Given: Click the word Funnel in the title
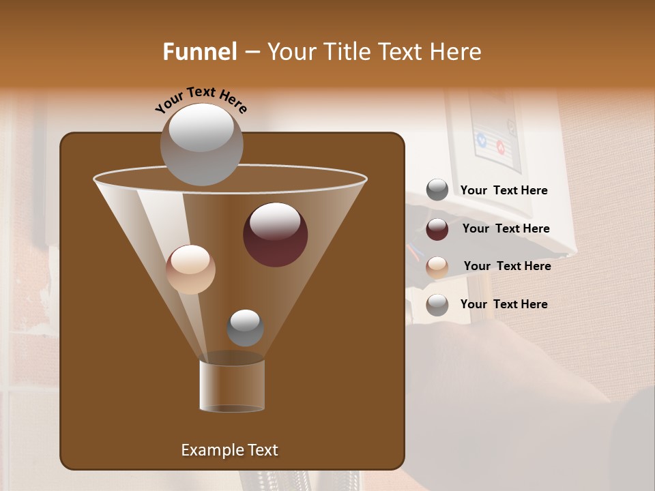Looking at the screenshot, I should coord(199,52).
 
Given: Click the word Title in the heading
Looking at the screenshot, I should coord(342,52).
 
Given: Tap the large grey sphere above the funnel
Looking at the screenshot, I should coord(201,144).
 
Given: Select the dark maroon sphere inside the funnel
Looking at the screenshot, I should coord(275,235).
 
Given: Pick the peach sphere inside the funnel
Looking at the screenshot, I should coord(190,269).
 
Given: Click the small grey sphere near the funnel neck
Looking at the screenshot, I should coord(245,328).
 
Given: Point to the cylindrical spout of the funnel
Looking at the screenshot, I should coord(232,385).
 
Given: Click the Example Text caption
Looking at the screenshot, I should coord(229,450).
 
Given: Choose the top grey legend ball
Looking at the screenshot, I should coord(437,190).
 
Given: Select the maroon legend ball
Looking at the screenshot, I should coord(437,229).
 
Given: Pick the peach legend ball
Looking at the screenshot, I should coord(437,267).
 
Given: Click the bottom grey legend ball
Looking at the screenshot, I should coord(437,305).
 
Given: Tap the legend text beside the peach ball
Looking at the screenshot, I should coord(507,266).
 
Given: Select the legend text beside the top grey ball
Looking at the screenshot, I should coord(504,190).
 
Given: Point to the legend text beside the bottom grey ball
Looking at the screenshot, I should coord(504,304).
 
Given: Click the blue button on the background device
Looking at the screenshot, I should coord(482,140).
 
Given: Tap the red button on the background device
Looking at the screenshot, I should coord(500,146).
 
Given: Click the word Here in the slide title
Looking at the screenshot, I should coord(456,52).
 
